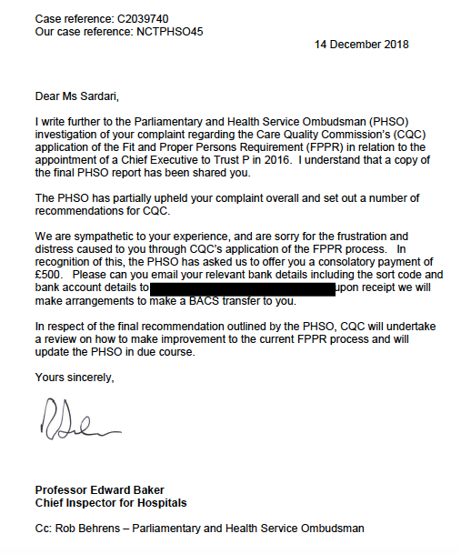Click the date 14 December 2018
(362, 44)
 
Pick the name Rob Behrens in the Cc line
(93, 528)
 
